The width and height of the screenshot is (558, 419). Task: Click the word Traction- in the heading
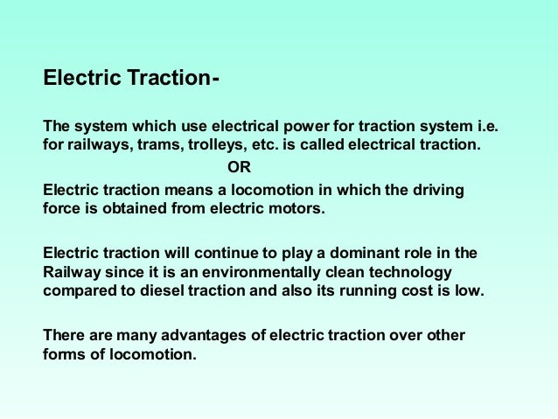click(x=171, y=79)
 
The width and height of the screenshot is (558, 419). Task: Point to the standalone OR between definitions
click(x=238, y=167)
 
